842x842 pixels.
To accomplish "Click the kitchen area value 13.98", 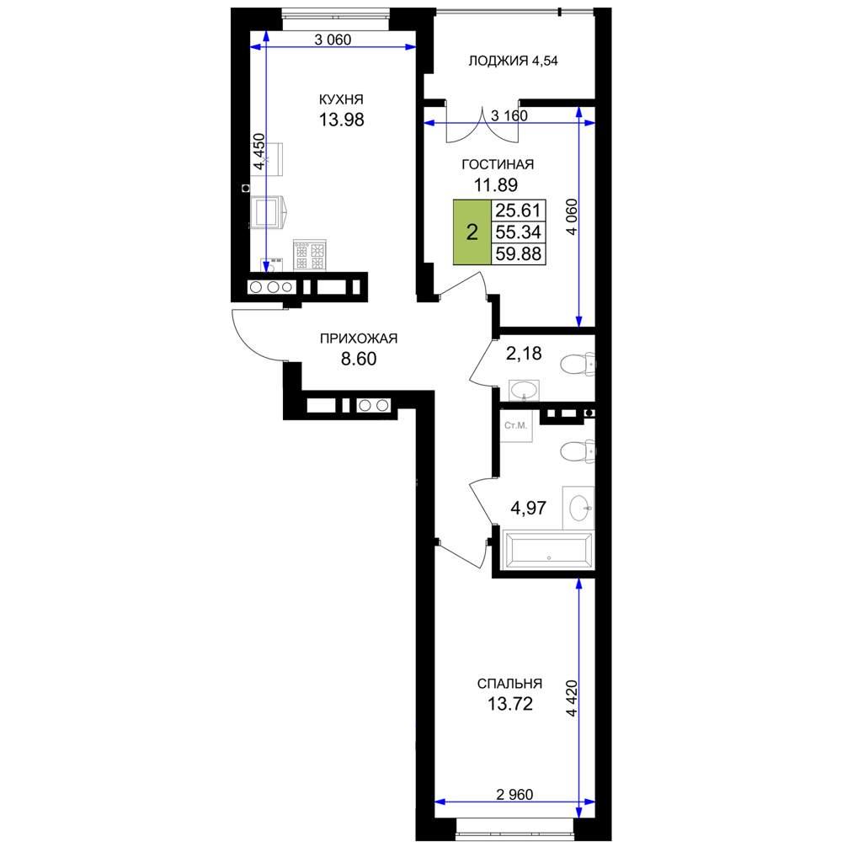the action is point(342,120).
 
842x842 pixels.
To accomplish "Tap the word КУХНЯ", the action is point(341,99).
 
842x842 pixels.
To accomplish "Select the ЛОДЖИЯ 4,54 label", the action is point(513,61).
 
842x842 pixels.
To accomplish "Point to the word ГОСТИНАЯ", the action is point(498,164).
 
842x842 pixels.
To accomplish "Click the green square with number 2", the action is point(472,232).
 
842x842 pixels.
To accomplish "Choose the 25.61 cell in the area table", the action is point(518,210).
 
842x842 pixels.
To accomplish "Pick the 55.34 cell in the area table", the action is point(518,232).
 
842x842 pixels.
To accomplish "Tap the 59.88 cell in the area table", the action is point(518,253).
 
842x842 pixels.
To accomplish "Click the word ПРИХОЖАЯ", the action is point(359,338).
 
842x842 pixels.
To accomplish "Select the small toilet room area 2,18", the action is point(524,354).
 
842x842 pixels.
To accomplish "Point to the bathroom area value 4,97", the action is point(529,508).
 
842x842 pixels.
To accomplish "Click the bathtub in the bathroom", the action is point(547,550).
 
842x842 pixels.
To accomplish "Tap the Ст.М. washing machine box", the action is point(516,426).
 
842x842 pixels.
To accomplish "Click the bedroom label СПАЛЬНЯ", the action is point(509,684).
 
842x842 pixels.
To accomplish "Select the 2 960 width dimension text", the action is point(514,794).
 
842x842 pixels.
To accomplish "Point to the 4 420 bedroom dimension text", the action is point(572,698).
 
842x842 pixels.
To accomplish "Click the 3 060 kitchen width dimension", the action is point(333,40).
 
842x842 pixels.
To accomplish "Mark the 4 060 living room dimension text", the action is point(572,217).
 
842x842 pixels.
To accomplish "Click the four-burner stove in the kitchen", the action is point(310,254).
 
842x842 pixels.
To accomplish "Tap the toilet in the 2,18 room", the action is point(578,365).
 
